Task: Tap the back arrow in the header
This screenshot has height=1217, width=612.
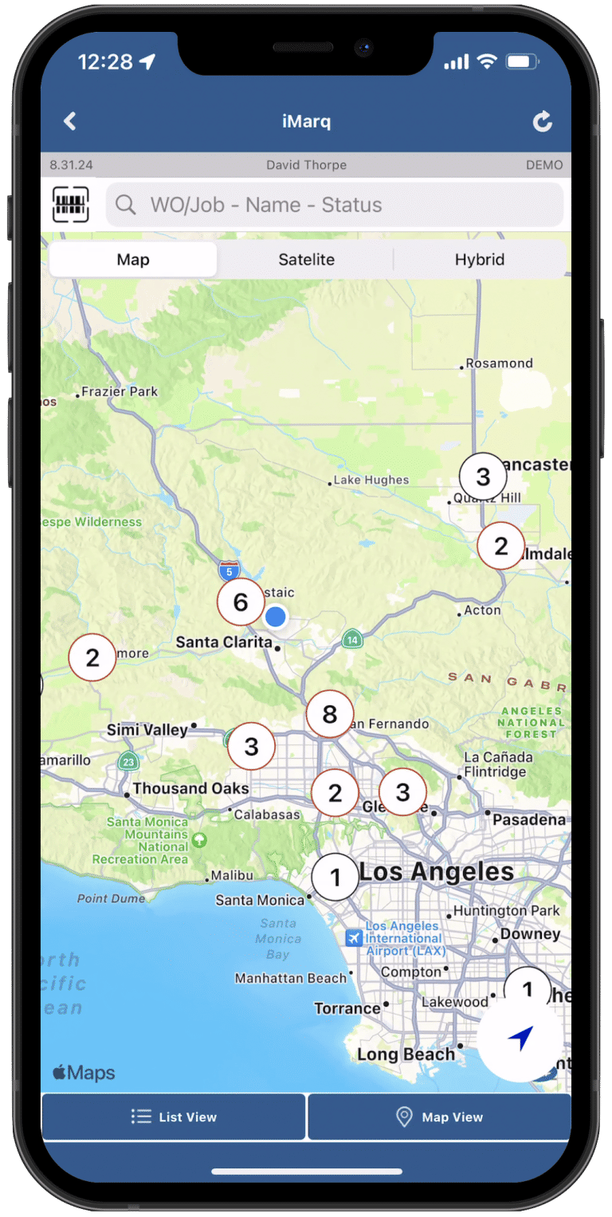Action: (70, 121)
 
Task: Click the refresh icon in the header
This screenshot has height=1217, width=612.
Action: (542, 121)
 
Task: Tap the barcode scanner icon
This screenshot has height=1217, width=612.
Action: (70, 205)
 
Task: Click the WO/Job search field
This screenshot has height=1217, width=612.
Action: (335, 205)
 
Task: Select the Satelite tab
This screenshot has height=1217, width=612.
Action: (306, 260)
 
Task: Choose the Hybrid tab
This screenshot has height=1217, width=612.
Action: (479, 260)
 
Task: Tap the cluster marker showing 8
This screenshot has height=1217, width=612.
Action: (330, 714)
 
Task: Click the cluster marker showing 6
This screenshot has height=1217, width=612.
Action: (241, 603)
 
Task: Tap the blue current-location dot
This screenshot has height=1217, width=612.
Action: (276, 616)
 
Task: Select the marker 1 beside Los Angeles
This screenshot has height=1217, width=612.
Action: (335, 877)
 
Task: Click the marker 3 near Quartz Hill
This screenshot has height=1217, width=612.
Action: (483, 477)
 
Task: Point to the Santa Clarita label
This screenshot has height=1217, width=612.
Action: (223, 642)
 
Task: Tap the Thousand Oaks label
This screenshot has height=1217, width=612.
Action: (190, 788)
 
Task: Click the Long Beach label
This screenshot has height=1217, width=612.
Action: (406, 1054)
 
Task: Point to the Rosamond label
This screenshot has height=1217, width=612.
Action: (499, 363)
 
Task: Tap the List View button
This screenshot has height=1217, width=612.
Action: (174, 1117)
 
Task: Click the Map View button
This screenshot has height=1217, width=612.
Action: (439, 1117)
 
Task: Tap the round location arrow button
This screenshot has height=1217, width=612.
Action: (520, 1038)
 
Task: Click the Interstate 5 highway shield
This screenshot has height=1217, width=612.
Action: (229, 571)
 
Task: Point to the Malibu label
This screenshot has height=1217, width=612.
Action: (232, 876)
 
